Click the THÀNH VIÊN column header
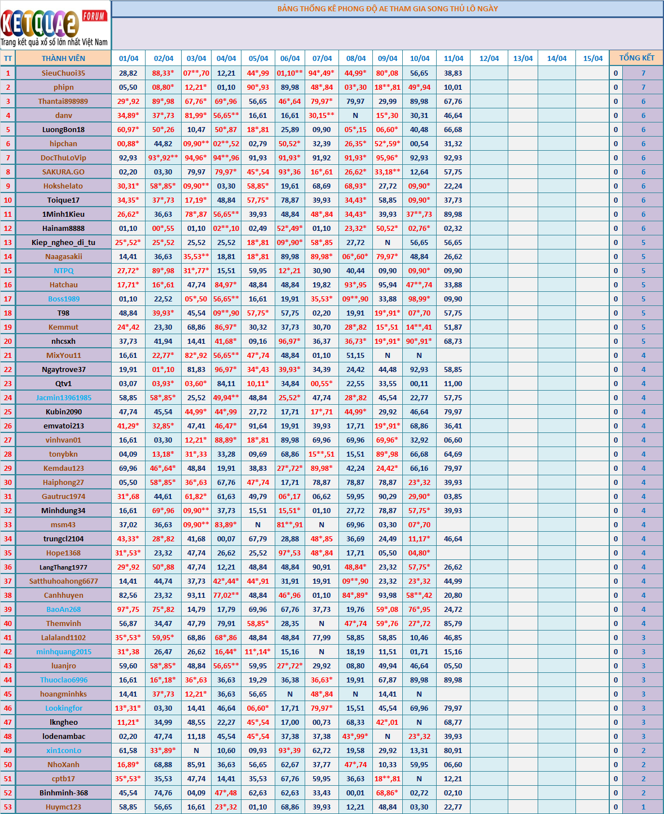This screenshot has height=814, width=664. (x=63, y=58)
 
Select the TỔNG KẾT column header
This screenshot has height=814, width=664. (x=636, y=58)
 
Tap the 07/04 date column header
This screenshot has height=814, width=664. (x=322, y=58)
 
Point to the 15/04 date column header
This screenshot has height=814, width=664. (x=592, y=58)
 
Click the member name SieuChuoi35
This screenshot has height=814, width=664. (x=63, y=73)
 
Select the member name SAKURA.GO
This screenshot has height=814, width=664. (x=63, y=172)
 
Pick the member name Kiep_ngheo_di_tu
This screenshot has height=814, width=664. (x=63, y=242)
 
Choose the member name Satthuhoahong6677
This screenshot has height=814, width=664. (x=63, y=581)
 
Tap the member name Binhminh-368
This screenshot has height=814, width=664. (x=63, y=793)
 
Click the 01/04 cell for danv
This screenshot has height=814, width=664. (x=128, y=115)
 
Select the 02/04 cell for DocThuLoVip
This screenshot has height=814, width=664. (x=163, y=157)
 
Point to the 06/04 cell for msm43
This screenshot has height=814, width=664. (x=290, y=524)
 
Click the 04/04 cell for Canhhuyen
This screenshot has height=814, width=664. (x=226, y=595)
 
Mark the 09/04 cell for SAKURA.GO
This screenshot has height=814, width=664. (x=388, y=172)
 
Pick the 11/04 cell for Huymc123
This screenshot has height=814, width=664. (x=453, y=807)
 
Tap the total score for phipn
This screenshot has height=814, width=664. (x=643, y=87)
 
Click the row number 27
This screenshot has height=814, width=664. (x=8, y=440)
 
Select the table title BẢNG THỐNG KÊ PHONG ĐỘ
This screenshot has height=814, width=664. (x=388, y=8)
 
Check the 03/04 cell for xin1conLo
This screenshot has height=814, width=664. (x=196, y=750)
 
